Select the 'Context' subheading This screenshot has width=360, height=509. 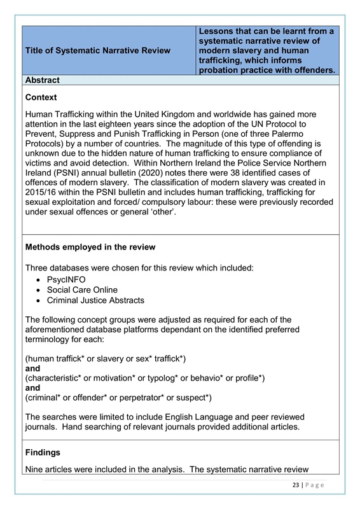click(x=41, y=97)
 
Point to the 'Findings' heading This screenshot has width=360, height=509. click(x=44, y=453)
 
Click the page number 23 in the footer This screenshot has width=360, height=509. click(x=293, y=485)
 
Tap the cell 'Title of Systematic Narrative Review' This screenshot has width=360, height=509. click(x=98, y=51)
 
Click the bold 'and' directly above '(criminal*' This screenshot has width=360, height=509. click(x=32, y=388)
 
